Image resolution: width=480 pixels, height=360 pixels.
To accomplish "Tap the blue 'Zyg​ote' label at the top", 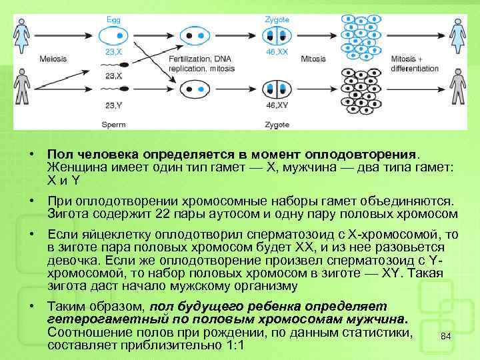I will pyautogui.click(x=277, y=20).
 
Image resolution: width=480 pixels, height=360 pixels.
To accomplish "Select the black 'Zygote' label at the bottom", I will pyautogui.click(x=277, y=124).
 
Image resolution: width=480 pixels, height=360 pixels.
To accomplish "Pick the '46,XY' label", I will pyautogui.click(x=277, y=105).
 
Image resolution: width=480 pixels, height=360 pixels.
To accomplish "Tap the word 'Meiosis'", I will pyautogui.click(x=53, y=59).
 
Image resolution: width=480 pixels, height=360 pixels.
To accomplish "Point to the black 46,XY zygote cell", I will pyautogui.click(x=277, y=89).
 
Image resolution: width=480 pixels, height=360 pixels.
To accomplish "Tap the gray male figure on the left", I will pyautogui.click(x=23, y=89).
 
